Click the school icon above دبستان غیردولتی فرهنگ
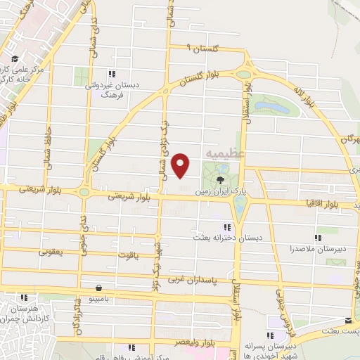coord(110,73)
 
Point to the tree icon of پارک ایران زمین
coord(220,181)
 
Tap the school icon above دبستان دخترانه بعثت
coord(226,227)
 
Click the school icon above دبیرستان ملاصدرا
coord(319,238)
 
